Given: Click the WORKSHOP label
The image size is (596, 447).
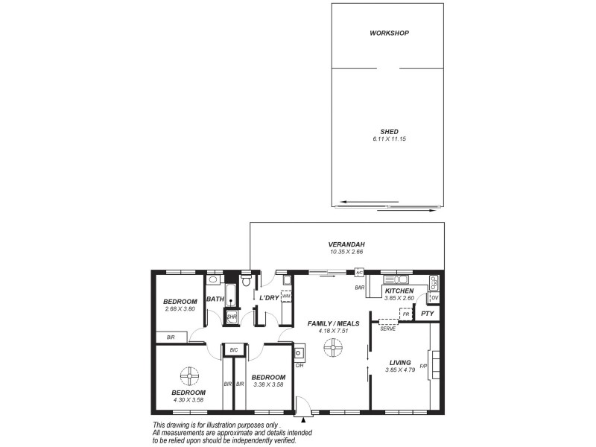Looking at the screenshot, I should (x=390, y=34).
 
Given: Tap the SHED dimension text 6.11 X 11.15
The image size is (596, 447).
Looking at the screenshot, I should (x=390, y=139).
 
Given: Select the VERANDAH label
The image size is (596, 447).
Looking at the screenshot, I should (x=347, y=244).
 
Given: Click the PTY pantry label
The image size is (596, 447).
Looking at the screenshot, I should (x=427, y=314).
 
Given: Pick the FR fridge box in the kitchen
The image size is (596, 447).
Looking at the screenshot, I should (x=406, y=314).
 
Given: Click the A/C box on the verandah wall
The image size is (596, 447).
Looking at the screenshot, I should (x=359, y=273).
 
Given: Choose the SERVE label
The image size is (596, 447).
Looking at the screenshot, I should (x=387, y=329).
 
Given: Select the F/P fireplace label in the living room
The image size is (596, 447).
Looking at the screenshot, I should (x=423, y=367).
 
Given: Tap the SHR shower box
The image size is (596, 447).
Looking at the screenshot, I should (x=231, y=317).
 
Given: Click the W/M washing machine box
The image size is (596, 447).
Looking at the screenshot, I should (x=286, y=296).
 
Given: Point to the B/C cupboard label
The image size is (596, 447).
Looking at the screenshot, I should (x=233, y=349).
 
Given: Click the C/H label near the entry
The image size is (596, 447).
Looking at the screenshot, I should (x=299, y=365).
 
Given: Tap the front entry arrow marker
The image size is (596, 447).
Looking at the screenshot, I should (x=302, y=421).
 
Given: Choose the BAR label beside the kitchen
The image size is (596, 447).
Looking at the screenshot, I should (x=359, y=287).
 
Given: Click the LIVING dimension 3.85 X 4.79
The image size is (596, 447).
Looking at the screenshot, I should (x=400, y=370).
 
